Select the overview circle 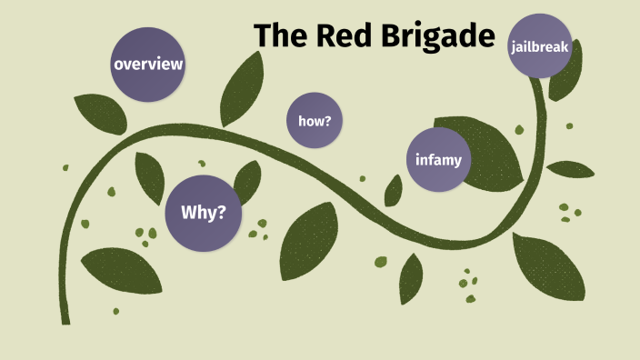[148, 65]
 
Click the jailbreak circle [541, 45]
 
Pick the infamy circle [438, 160]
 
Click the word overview [148, 65]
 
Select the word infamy [438, 161]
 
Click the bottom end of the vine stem [65, 320]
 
